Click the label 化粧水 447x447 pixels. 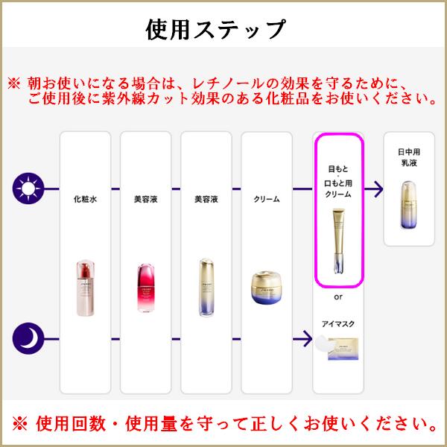click(x=86, y=200)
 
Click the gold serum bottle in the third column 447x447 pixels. click(x=206, y=287)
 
